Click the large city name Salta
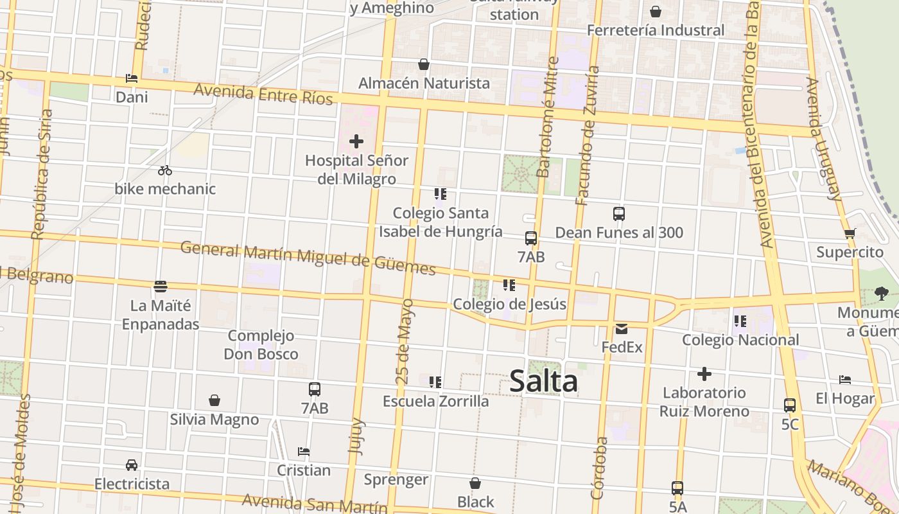[x=543, y=382]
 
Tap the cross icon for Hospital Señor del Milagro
[x=356, y=141]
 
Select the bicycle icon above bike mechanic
[x=165, y=170]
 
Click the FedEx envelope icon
[x=622, y=329]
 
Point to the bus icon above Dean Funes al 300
[x=619, y=214]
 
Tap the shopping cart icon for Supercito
[x=850, y=233]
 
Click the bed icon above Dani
[x=132, y=78]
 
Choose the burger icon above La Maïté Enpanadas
[x=161, y=286]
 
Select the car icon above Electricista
[x=132, y=465]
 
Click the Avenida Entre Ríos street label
[x=263, y=94]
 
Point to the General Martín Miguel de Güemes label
[x=308, y=258]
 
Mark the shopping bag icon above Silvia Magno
[x=214, y=400]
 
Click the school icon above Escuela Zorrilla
[x=435, y=382]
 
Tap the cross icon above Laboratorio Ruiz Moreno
[x=704, y=374]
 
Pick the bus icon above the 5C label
[x=790, y=405]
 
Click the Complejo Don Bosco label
[x=261, y=345]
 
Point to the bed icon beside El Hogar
[x=845, y=380]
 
